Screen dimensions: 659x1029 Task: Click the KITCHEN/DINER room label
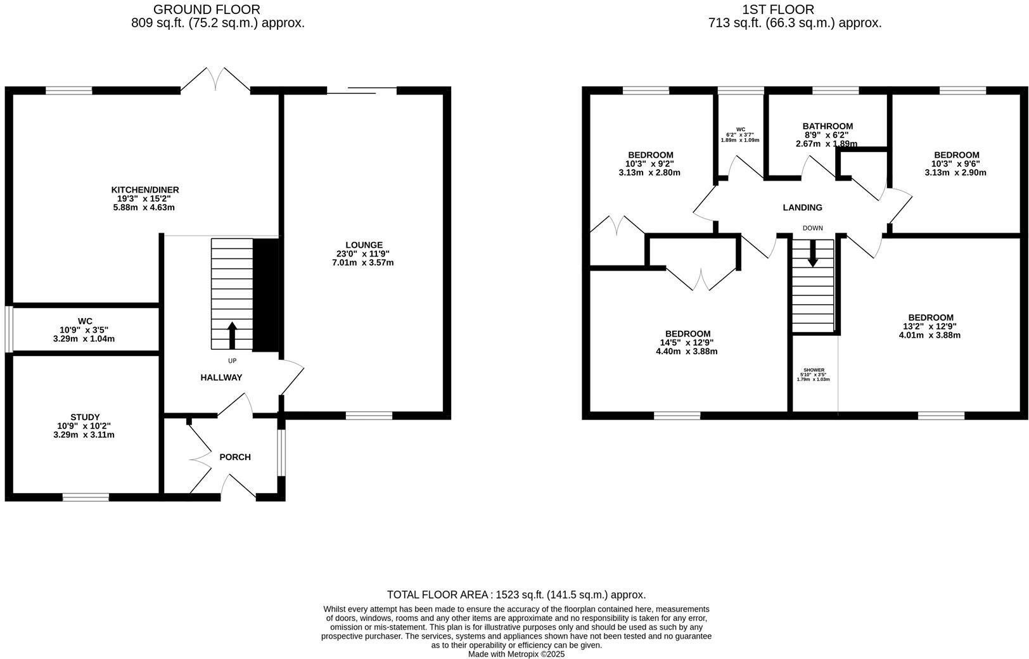point(145,189)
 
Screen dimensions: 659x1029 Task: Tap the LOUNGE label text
point(364,245)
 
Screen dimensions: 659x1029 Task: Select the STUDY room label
point(85,417)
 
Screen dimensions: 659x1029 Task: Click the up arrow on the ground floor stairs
point(232,335)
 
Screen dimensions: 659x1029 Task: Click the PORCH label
point(235,457)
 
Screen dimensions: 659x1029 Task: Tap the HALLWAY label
point(221,377)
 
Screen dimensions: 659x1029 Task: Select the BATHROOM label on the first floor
point(828,126)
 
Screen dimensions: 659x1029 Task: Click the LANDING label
point(802,207)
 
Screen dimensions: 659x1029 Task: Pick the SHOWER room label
point(814,370)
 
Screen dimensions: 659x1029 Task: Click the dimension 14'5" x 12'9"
point(687,343)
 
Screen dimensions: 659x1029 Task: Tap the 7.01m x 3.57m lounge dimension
point(363,262)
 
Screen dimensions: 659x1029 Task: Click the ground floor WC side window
point(9,329)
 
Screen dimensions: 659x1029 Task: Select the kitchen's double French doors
point(215,80)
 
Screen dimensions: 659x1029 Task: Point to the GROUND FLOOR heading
point(207,9)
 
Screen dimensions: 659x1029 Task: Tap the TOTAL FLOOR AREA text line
point(516,594)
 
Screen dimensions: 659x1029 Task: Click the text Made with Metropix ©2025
point(516,654)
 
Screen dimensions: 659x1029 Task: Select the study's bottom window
point(86,497)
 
